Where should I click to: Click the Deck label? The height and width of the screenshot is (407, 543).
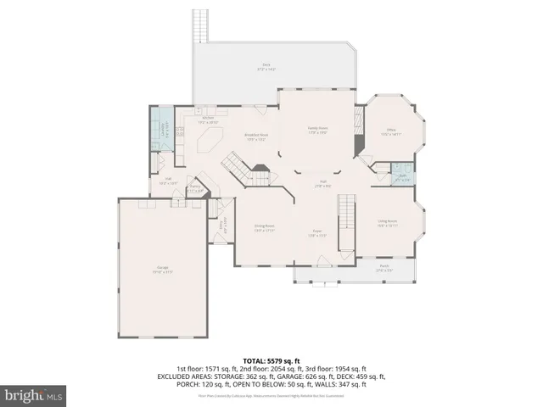266,66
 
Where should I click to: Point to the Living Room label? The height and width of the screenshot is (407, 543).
388,223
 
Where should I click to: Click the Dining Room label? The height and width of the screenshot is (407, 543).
265,227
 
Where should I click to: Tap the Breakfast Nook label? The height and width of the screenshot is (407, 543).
257,137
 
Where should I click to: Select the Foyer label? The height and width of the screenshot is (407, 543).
315,234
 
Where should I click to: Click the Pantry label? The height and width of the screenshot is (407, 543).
195,189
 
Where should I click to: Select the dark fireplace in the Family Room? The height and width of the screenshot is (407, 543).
360,147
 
